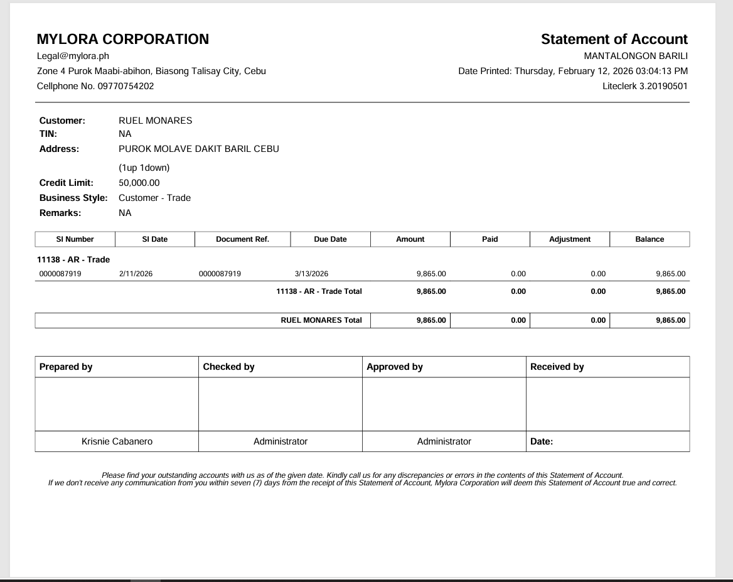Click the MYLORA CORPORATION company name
(x=123, y=39)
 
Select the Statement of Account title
(x=614, y=39)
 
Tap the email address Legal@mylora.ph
(x=73, y=56)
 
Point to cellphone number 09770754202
(x=126, y=86)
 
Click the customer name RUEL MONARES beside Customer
(x=155, y=121)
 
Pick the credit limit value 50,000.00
(x=139, y=183)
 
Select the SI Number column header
(x=75, y=239)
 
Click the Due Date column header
(x=330, y=239)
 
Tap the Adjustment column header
(x=570, y=239)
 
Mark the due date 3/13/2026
(x=311, y=274)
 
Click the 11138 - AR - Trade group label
(x=73, y=259)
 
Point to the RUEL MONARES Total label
(x=321, y=320)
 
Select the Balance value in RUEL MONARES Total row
(x=670, y=320)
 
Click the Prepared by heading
(x=66, y=367)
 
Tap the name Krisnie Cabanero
(x=117, y=441)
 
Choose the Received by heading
(x=557, y=367)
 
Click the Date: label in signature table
(x=541, y=441)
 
